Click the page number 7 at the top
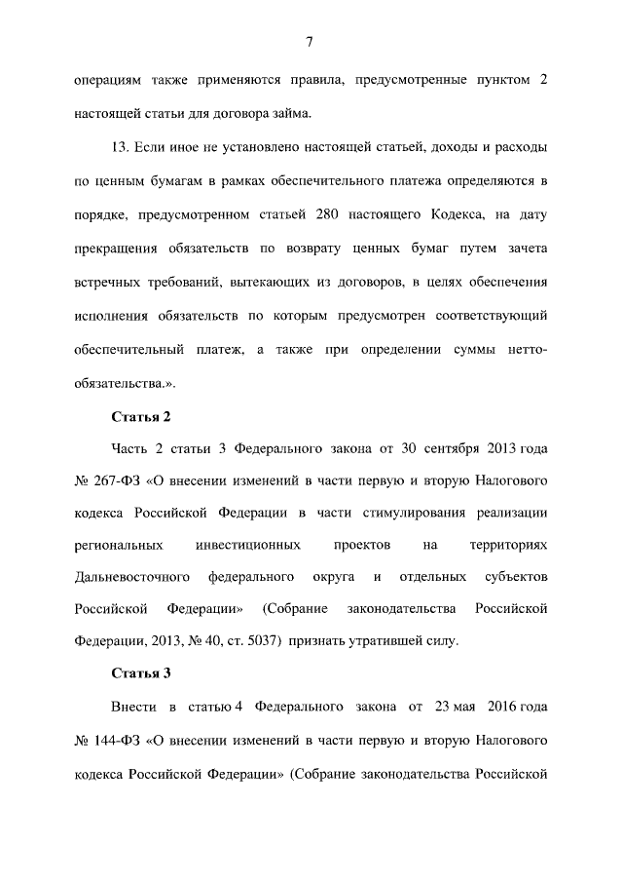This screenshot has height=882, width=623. click(x=309, y=41)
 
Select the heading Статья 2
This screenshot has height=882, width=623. click(x=141, y=417)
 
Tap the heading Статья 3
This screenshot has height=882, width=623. click(x=141, y=671)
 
